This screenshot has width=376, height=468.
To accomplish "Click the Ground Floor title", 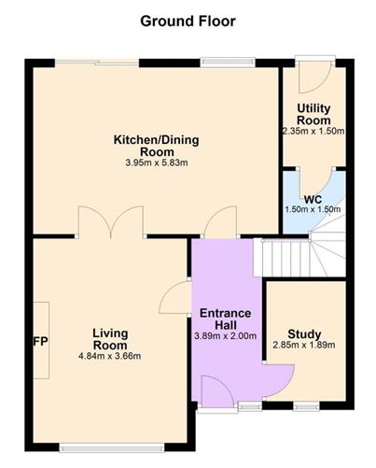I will pos(188,20).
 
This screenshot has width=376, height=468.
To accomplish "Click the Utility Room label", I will pos(314,115).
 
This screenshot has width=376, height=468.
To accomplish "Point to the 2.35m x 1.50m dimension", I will pos(314,132).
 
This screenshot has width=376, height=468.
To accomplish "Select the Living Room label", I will pos(110,339).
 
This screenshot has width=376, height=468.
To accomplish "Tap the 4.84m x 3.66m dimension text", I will pos(110,355).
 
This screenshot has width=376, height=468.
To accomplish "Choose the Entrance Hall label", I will pos(228,319).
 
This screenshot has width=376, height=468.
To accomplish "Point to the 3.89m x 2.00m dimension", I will pos(228,336).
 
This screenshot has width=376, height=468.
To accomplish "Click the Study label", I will pos(304,333).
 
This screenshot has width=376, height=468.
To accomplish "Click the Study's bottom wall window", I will pos(304,406).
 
